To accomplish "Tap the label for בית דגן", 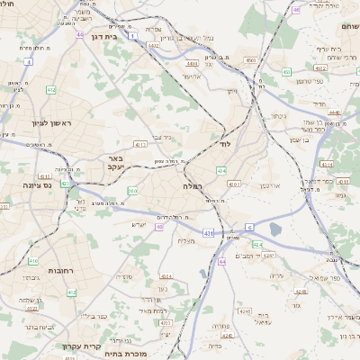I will coord(105,38).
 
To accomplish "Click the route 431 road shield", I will coord(208,233).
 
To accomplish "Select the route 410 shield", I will coord(32,262).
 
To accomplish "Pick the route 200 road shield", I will coord(132,191).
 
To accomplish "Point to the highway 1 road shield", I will coord(131,37).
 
